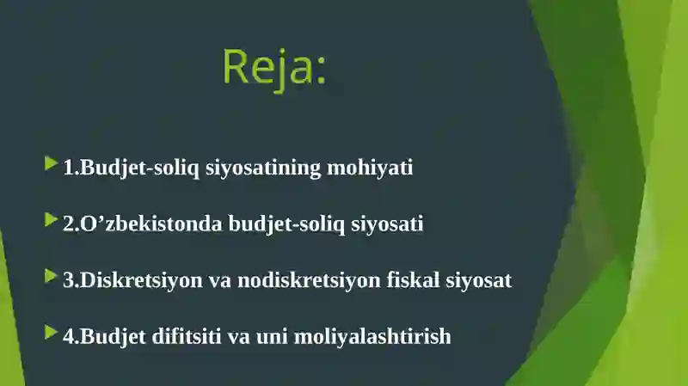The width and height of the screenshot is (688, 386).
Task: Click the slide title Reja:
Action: pos(274,68)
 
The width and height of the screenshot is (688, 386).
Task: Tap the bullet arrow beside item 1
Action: pos(52,163)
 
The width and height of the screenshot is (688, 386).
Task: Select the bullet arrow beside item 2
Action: pos(52,220)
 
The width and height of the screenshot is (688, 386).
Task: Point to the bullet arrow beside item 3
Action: pos(52,276)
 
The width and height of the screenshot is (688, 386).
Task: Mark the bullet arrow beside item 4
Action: pos(52,332)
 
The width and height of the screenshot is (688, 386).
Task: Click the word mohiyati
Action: pos(370,168)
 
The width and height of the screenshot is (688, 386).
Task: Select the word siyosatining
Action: pos(263,168)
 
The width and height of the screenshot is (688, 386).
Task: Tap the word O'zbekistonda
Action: pos(151,224)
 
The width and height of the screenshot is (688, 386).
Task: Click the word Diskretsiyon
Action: pos(141,281)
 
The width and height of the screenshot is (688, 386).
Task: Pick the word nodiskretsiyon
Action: pos(309,281)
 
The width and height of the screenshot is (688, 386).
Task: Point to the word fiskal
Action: pos(413,280)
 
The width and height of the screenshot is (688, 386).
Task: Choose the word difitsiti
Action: pos(187,336)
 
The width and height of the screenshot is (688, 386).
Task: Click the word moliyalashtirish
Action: pos(372,337)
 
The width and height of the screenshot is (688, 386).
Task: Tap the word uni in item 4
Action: pos(272,337)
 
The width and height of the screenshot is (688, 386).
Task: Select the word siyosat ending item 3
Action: pos(479,281)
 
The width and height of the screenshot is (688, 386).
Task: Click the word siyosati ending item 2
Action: pos(387,224)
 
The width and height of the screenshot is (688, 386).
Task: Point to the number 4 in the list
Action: pos(69,336)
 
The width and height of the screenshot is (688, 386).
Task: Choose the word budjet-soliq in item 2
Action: pos(286,224)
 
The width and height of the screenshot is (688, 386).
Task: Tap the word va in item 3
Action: pos(220,281)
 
